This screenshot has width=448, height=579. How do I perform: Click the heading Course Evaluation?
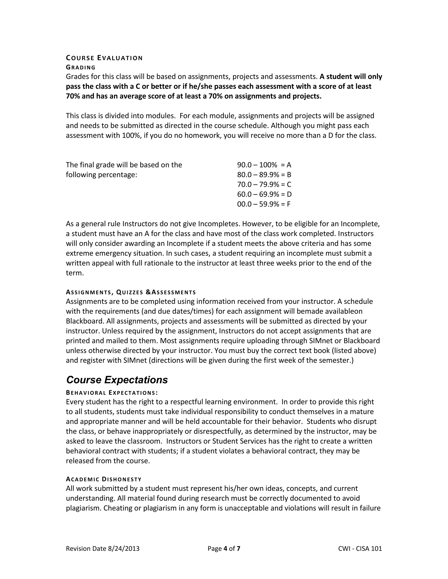pos(104,58)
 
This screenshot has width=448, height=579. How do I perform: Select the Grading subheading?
pos(81,67)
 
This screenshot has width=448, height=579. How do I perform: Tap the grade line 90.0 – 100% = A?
pos(264,165)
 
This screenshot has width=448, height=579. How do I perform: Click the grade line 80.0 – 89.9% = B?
pos(264,175)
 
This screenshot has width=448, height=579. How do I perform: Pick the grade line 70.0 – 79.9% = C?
pos(264,185)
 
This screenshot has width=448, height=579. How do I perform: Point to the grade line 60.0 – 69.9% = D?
pos(264,194)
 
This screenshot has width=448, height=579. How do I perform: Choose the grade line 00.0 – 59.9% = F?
pos(264,204)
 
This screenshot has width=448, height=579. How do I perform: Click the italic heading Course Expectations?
pos(117,380)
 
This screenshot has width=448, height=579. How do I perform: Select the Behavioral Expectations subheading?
pos(112,393)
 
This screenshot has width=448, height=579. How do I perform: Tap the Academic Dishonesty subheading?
pos(104,479)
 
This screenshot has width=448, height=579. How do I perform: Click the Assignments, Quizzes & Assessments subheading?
pos(131,292)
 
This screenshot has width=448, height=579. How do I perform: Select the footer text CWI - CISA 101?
pos(360,548)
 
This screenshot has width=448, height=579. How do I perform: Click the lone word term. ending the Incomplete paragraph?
pos(75,273)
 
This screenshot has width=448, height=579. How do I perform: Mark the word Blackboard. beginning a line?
pos(85,321)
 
